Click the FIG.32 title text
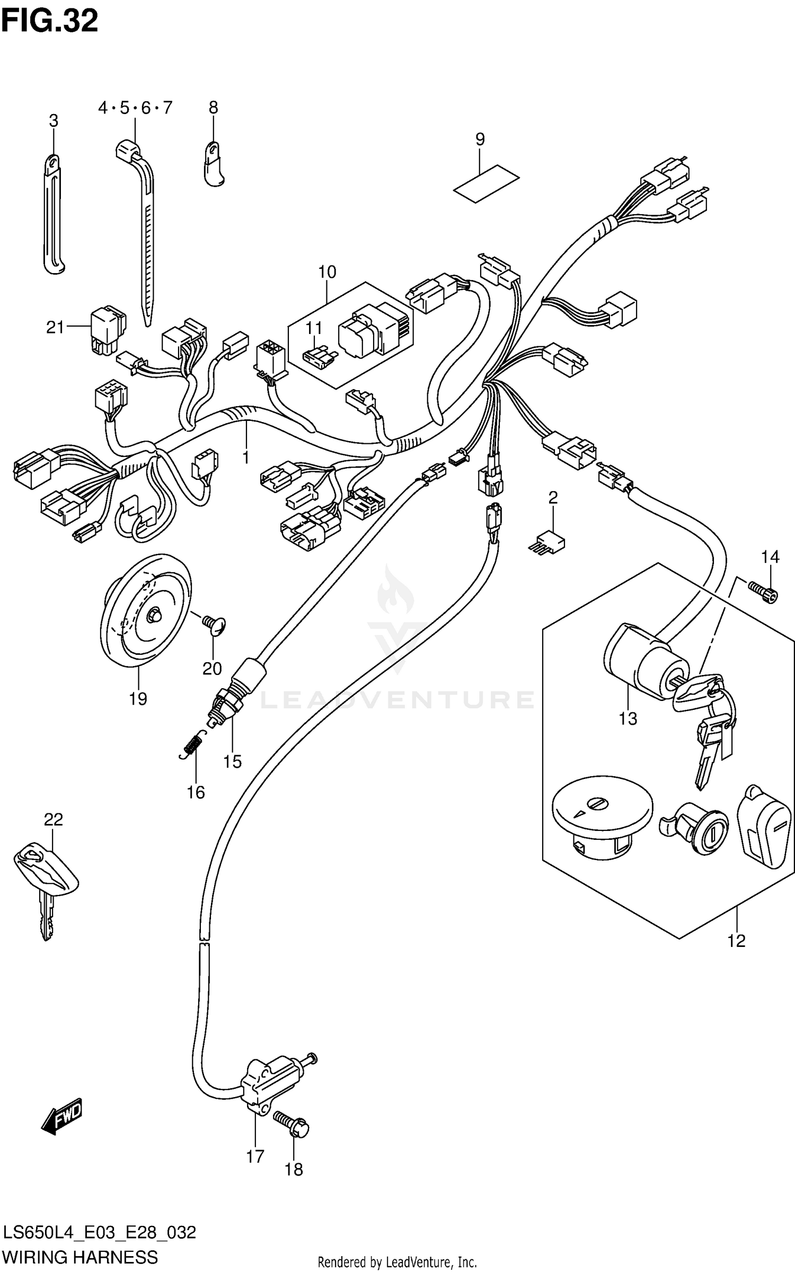pos(49,21)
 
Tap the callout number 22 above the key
pos(53,820)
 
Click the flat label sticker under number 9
pos(486,183)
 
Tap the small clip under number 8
pos(213,165)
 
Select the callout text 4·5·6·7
pos(135,108)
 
